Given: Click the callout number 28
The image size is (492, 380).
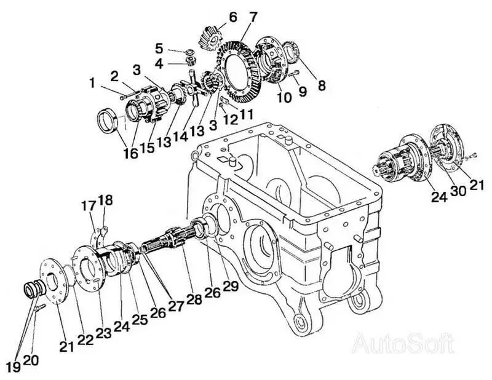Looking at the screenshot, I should point(195,299).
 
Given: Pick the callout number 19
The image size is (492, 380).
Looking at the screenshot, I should point(12,366).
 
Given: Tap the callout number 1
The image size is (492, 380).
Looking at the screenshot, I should point(93,81).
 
